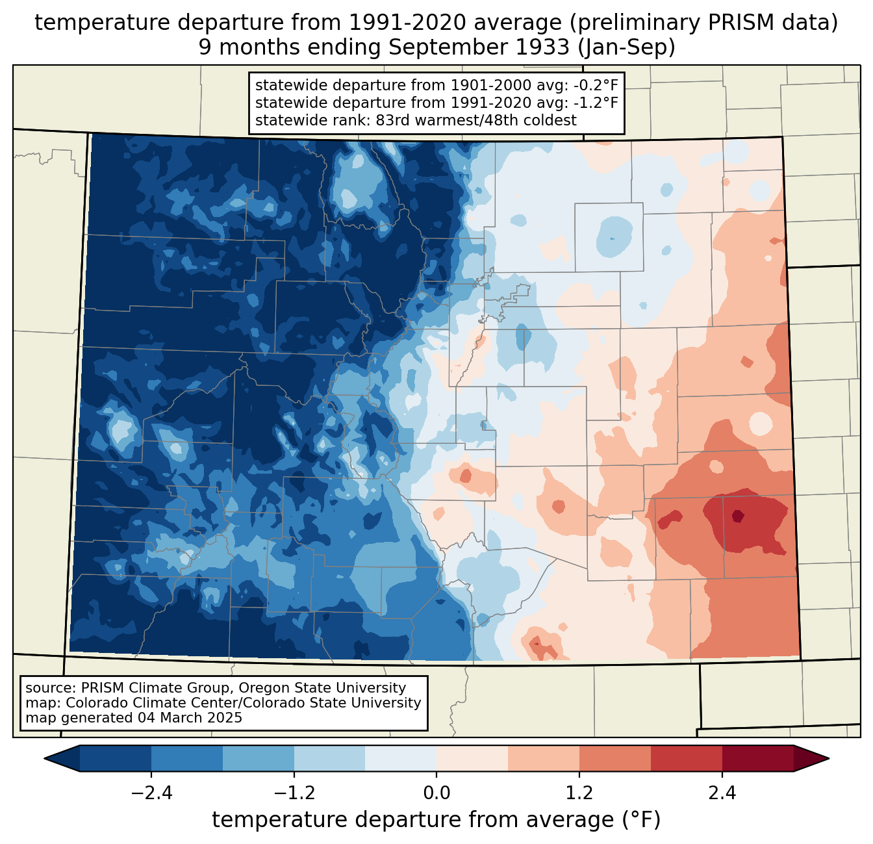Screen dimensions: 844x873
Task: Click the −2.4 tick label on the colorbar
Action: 151,793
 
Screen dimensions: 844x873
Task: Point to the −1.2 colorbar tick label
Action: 294,793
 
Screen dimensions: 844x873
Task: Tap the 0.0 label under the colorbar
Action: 436,793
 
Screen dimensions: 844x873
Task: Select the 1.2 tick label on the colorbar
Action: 579,793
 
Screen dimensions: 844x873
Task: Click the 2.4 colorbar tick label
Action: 722,793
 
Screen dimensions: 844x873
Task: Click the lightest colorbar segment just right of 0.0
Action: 472,758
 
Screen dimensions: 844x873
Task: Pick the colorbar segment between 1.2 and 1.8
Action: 615,758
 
